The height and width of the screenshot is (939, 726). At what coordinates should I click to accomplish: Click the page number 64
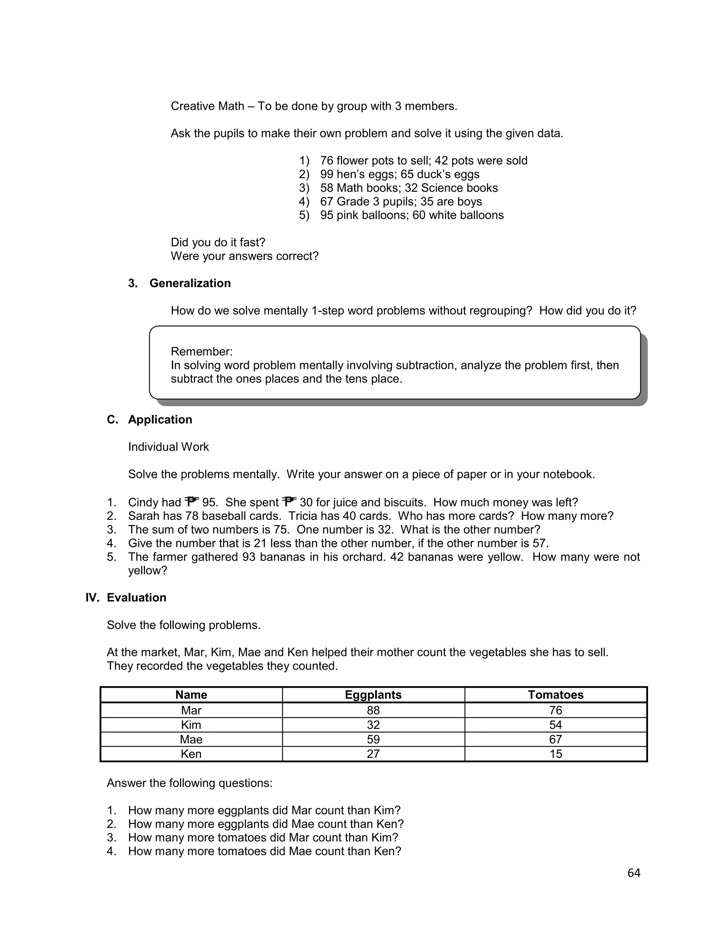click(633, 873)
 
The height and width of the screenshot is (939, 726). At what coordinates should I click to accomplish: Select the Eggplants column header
click(373, 695)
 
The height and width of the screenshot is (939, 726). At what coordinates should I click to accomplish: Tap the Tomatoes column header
click(555, 695)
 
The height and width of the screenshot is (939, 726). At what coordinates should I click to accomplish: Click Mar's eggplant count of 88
click(373, 710)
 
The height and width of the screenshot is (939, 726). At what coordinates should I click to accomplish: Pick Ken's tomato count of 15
click(555, 754)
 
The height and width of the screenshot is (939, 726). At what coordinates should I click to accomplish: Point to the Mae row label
click(191, 739)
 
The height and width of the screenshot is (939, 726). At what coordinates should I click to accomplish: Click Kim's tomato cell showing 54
click(555, 725)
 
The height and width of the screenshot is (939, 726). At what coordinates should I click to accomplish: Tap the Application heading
click(160, 419)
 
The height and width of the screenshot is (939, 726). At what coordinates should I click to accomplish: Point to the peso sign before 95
click(192, 501)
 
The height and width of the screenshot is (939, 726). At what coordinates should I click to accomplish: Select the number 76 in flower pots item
click(326, 161)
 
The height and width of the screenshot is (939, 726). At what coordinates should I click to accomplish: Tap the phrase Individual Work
click(168, 447)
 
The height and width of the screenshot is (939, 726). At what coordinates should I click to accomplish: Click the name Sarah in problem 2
click(143, 516)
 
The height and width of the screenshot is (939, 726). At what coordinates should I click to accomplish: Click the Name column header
click(191, 695)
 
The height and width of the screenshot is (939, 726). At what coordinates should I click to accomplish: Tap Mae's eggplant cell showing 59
click(373, 739)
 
